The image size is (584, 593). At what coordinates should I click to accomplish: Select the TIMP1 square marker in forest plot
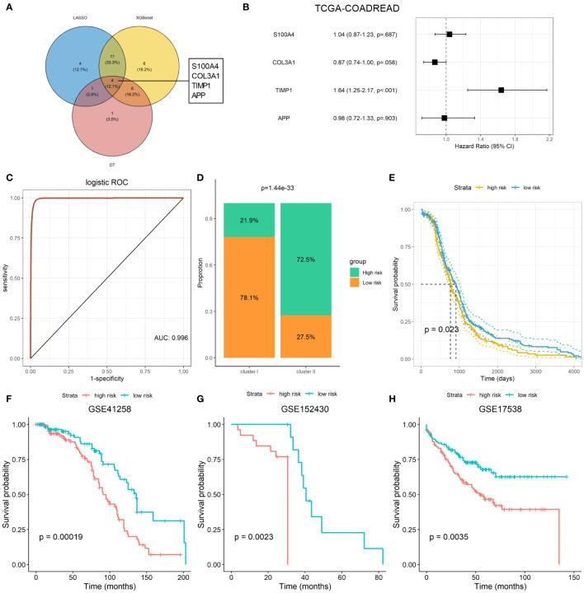pos(501,90)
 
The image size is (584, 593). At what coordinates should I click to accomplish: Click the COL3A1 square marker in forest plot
pos(435,63)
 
